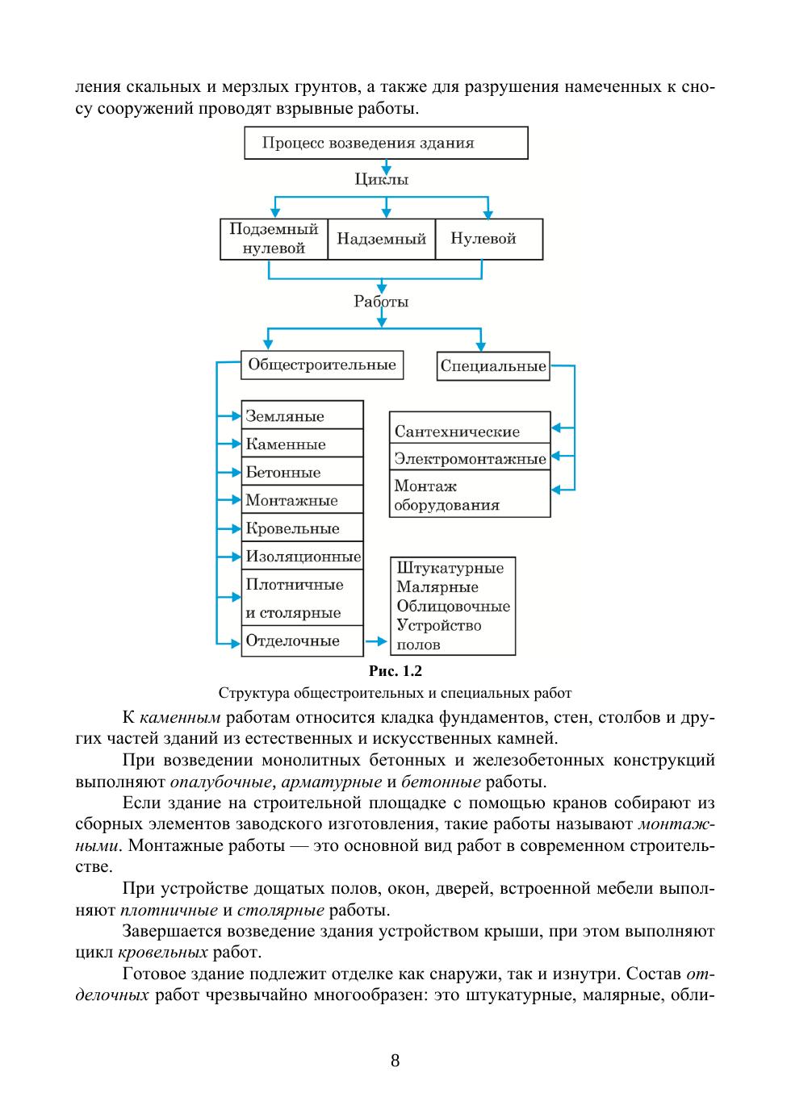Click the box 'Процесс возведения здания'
tap(386, 143)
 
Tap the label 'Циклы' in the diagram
tap(382, 179)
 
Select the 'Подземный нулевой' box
tap(274, 239)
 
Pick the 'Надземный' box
tap(381, 239)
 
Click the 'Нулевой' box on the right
tap(488, 239)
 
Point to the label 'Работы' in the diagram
tap(381, 302)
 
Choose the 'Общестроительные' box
tap(322, 365)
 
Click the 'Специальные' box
tap(492, 366)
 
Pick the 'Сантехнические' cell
tap(469, 432)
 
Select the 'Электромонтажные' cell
tap(469, 459)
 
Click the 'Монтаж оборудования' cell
tap(469, 495)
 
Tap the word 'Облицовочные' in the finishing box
tap(453, 606)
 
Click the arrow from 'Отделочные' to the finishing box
tap(376, 641)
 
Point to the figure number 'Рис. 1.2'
tap(395, 671)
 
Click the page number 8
tap(395, 1060)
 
